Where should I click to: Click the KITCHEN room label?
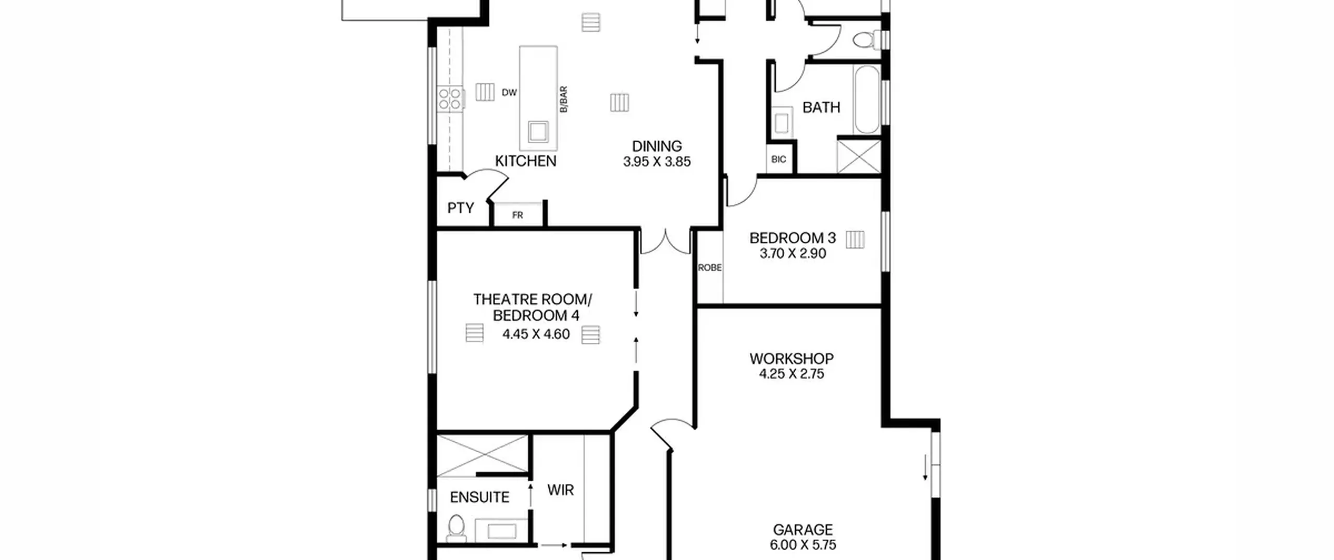click(525, 161)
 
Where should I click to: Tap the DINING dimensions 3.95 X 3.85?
click(657, 161)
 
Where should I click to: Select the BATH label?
click(821, 107)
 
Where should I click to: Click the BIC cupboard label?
click(779, 159)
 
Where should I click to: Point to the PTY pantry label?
click(461, 208)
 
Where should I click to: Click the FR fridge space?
click(517, 215)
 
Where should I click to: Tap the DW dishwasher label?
click(509, 93)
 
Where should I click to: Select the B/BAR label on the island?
click(563, 99)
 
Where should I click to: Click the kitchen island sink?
click(538, 131)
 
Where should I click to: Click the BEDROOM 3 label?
click(793, 238)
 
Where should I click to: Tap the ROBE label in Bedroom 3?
click(710, 268)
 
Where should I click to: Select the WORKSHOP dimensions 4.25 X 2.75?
click(792, 374)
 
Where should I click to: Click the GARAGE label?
click(802, 530)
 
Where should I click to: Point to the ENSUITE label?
click(479, 497)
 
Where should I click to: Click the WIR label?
click(561, 490)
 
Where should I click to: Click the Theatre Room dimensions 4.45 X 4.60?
click(536, 334)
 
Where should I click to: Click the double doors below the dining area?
click(665, 242)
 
